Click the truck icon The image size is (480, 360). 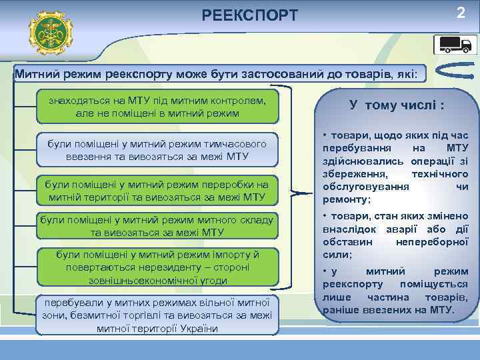(x=456, y=45)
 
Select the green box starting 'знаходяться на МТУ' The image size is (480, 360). (x=157, y=107)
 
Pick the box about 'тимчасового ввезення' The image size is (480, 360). (x=157, y=150)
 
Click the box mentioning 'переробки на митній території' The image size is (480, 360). (x=157, y=191)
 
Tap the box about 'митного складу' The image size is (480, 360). (x=157, y=226)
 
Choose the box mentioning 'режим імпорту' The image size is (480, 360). (x=157, y=266)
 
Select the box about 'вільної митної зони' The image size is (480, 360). (x=157, y=314)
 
